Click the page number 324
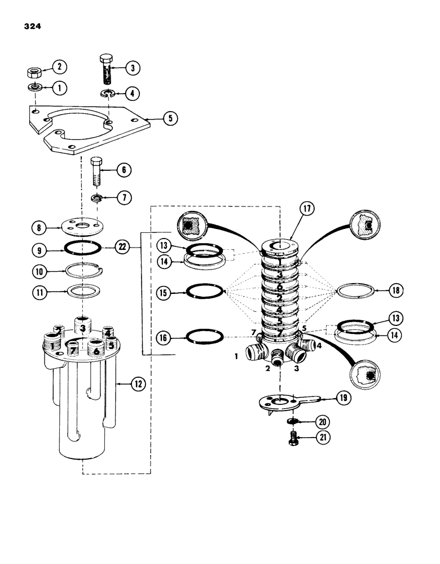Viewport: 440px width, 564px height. tap(33, 27)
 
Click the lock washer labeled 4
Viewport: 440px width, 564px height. tap(105, 92)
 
